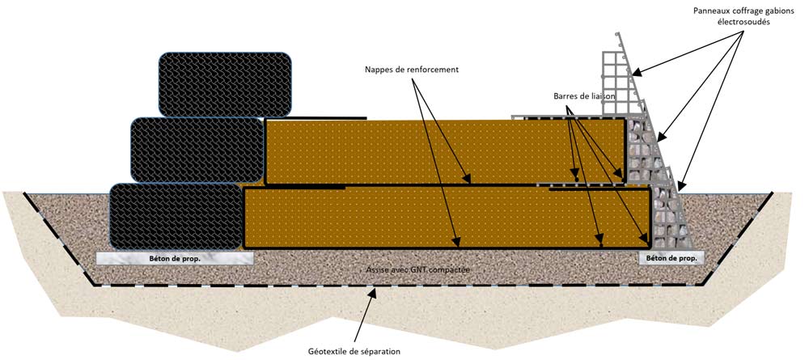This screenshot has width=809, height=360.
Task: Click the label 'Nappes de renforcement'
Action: click(x=411, y=70)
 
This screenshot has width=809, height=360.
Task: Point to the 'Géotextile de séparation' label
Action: click(x=354, y=350)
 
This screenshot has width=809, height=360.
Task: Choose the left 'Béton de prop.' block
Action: click(x=175, y=259)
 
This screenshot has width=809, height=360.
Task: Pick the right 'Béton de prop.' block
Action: click(x=671, y=258)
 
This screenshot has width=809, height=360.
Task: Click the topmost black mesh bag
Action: click(x=226, y=84)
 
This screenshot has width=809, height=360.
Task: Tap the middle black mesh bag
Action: click(x=197, y=150)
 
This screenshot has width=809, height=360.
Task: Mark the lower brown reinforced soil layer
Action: click(x=445, y=217)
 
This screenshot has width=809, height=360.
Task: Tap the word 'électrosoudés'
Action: click(x=743, y=23)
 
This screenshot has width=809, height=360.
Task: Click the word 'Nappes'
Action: click(x=379, y=70)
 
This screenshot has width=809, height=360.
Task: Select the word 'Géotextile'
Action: click(x=328, y=350)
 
